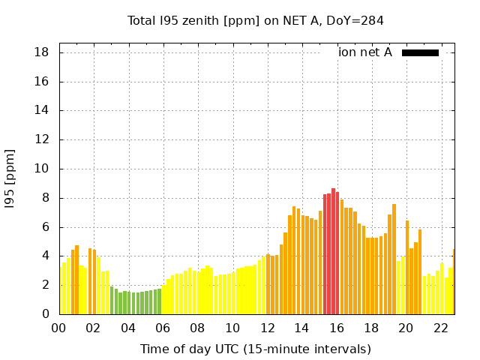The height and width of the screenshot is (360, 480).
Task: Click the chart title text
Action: point(256,20)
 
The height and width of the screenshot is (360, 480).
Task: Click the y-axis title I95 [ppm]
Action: point(10,178)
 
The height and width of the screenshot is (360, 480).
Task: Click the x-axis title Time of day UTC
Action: point(255,349)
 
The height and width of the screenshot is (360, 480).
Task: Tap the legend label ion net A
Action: point(364,52)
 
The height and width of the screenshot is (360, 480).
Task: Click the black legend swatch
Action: point(420,52)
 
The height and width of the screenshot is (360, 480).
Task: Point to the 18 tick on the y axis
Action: point(42,52)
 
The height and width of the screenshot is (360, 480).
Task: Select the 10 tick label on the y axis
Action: point(42,169)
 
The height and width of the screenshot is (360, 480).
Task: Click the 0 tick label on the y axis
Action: point(46,314)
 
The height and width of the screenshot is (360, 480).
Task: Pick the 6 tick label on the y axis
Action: point(46,227)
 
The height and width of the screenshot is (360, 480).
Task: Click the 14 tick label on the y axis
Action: point(42,110)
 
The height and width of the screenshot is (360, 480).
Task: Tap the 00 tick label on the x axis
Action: point(59,328)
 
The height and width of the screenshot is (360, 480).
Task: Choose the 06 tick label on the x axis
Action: point(163,328)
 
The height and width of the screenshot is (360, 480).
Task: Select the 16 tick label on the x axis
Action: point(337,328)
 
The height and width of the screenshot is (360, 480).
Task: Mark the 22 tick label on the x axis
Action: point(440,328)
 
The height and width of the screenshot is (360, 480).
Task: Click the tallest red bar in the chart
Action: point(333,251)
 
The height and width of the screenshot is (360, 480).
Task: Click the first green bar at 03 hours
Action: point(112,300)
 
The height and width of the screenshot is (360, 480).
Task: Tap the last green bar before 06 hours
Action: point(159,301)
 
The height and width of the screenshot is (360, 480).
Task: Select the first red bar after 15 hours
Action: point(325,254)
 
